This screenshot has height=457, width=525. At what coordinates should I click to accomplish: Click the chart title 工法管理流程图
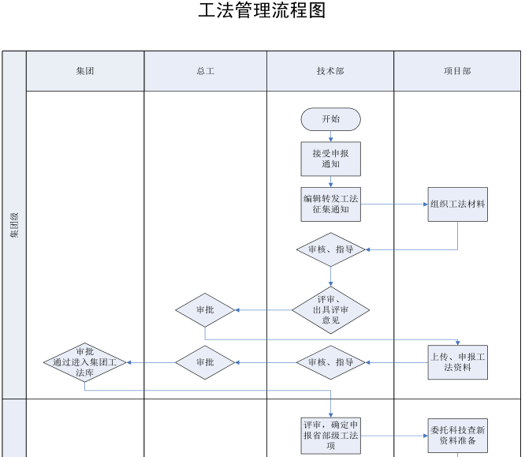(x=262, y=11)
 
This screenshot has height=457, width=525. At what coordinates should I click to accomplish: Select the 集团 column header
(x=85, y=71)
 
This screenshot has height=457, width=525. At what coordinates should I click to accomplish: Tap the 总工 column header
(x=205, y=71)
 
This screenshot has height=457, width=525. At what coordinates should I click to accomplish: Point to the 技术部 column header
(x=330, y=71)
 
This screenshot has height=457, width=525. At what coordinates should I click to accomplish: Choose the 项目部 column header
(x=457, y=71)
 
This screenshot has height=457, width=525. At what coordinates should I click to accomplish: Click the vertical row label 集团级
(x=14, y=225)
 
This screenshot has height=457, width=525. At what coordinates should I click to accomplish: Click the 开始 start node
(x=330, y=119)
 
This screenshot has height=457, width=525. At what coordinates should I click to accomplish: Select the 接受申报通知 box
(x=330, y=159)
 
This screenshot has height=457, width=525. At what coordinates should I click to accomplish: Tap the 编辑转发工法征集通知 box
(x=330, y=204)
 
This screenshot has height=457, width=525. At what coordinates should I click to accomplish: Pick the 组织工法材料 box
(x=457, y=204)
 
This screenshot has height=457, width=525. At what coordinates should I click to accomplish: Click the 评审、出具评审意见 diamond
(x=330, y=309)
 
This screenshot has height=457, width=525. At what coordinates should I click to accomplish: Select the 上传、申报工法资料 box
(x=457, y=362)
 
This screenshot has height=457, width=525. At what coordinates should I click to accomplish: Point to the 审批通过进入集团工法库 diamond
(x=84, y=362)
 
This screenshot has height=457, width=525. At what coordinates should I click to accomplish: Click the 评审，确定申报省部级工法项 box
(x=330, y=434)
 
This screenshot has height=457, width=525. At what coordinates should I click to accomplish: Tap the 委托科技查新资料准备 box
(x=457, y=435)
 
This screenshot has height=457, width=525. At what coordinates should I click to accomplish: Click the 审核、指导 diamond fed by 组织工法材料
(x=330, y=249)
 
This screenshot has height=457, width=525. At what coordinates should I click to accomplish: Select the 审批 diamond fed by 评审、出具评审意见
(x=205, y=309)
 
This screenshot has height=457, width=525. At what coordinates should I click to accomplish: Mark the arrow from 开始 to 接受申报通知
(x=330, y=137)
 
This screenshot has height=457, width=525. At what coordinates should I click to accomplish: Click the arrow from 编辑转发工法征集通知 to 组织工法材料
(x=394, y=204)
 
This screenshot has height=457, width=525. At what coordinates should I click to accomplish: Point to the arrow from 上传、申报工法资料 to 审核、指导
(x=397, y=362)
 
